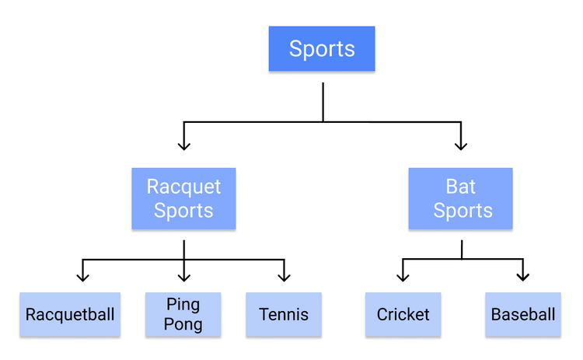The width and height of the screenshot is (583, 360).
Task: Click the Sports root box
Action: coord(322,49)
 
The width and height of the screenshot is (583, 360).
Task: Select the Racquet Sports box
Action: coord(183,198)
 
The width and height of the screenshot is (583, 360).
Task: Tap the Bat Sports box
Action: coord(460,198)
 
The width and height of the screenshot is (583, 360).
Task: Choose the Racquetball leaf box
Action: coord(70,314)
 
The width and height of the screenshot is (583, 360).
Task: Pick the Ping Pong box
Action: coord(183,314)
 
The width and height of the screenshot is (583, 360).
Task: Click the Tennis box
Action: coord(284,314)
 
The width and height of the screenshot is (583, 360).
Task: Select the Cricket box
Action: coord(403,314)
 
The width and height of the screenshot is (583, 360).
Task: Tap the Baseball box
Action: coord(523,314)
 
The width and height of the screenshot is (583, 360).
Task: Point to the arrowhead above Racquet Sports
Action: coord(184,144)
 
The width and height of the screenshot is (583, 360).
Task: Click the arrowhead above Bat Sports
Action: coord(461,144)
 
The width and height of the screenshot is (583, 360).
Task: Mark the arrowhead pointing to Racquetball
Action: coord(83,275)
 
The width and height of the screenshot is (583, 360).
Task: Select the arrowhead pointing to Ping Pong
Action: coord(184,275)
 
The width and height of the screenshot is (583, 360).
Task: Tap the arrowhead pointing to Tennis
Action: coord(285,275)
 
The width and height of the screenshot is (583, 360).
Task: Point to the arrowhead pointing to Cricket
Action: coord(403,275)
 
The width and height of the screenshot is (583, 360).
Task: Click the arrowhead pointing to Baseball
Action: coord(523,275)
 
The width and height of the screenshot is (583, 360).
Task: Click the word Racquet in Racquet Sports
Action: coord(183,187)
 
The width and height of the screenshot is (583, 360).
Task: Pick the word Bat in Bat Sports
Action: coord(460,187)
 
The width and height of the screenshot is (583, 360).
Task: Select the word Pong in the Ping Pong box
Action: coord(183,324)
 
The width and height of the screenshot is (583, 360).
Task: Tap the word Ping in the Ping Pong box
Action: coord(183,304)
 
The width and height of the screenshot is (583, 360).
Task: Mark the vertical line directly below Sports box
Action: coord(323,101)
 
